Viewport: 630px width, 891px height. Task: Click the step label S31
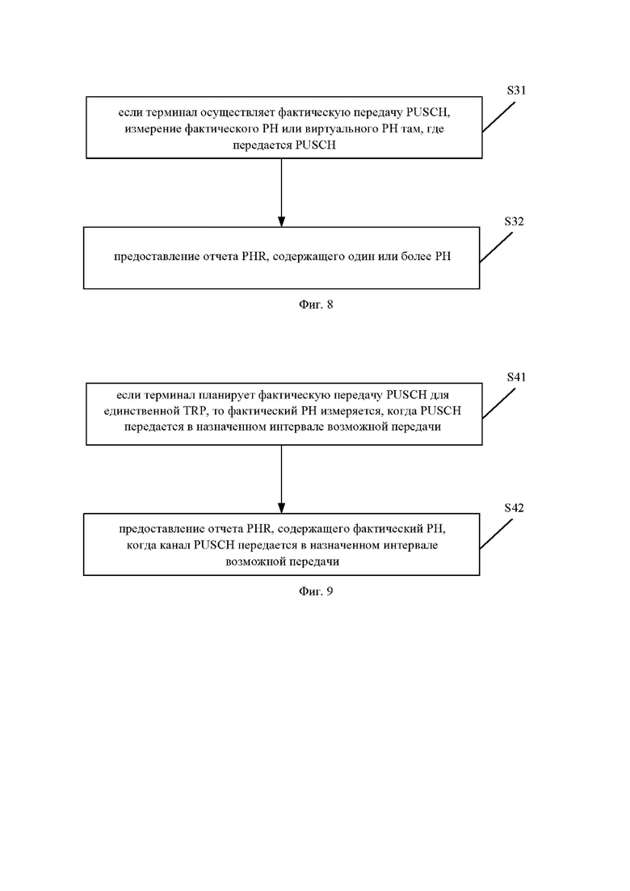[x=516, y=90]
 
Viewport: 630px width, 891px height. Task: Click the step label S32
[x=514, y=221]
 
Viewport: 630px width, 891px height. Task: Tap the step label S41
[x=516, y=377]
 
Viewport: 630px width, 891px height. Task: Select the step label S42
[x=514, y=508]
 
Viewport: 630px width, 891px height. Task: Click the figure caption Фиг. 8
[x=316, y=305]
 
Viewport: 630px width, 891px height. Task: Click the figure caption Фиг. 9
[x=316, y=591]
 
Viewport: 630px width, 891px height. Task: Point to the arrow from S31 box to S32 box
[x=281, y=192]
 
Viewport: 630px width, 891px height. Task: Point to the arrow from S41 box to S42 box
[x=281, y=480]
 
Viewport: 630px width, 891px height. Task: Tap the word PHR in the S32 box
[x=254, y=256]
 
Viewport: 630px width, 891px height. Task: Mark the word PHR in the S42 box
[x=259, y=529]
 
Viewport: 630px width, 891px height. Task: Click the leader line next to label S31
[x=499, y=117]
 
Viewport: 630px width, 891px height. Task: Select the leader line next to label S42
[x=496, y=534]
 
